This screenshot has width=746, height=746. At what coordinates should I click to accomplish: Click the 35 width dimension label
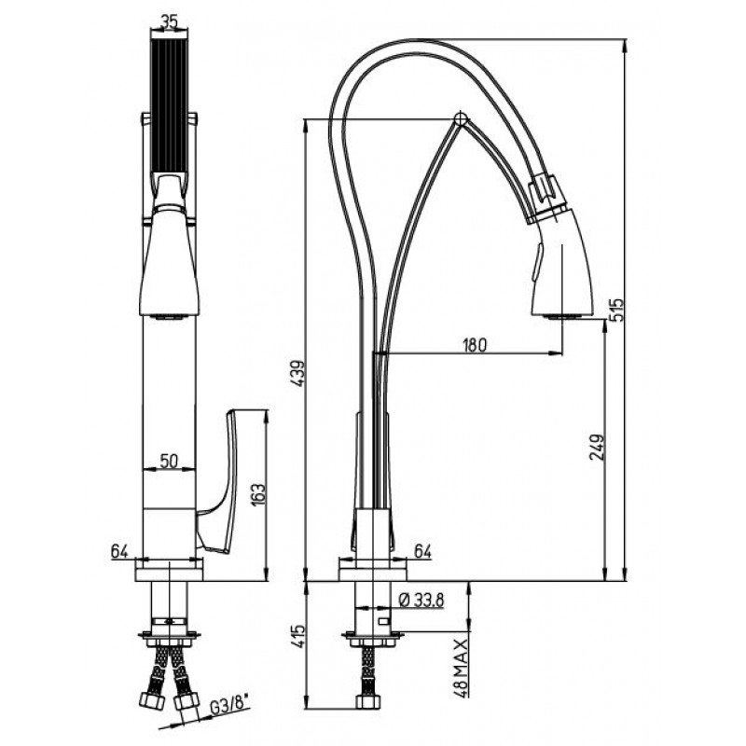(x=169, y=21)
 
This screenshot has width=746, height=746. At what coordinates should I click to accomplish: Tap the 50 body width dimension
(x=169, y=461)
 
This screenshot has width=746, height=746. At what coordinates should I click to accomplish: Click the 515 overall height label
(x=615, y=310)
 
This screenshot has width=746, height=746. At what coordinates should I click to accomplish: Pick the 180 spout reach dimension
(x=476, y=345)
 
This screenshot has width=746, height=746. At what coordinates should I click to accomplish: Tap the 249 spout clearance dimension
(x=597, y=447)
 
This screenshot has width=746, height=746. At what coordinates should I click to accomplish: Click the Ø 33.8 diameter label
(x=421, y=601)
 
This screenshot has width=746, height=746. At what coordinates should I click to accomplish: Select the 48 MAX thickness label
(x=461, y=669)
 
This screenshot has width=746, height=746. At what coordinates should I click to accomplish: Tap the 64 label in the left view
(x=119, y=551)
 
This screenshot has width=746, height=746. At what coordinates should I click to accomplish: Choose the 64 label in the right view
(x=422, y=551)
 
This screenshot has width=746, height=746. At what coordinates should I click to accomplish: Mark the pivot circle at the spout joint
(x=461, y=118)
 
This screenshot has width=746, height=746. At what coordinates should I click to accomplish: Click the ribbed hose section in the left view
(x=170, y=106)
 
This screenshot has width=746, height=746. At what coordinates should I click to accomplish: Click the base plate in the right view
(x=372, y=570)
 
